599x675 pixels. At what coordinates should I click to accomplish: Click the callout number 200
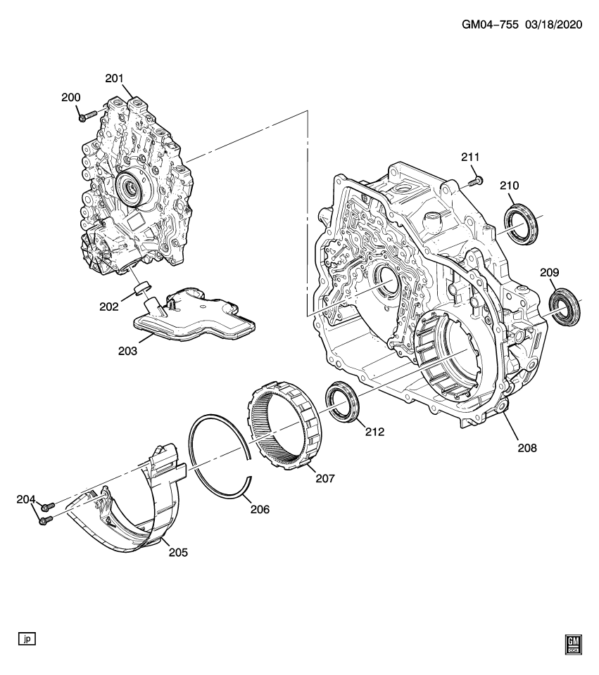point(70,98)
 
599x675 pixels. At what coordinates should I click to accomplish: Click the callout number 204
point(26,500)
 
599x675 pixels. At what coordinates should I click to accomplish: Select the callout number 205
point(178,552)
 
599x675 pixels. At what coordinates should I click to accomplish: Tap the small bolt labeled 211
point(475,181)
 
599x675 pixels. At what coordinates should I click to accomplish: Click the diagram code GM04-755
point(490,24)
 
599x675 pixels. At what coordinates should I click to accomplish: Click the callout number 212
point(374,432)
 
